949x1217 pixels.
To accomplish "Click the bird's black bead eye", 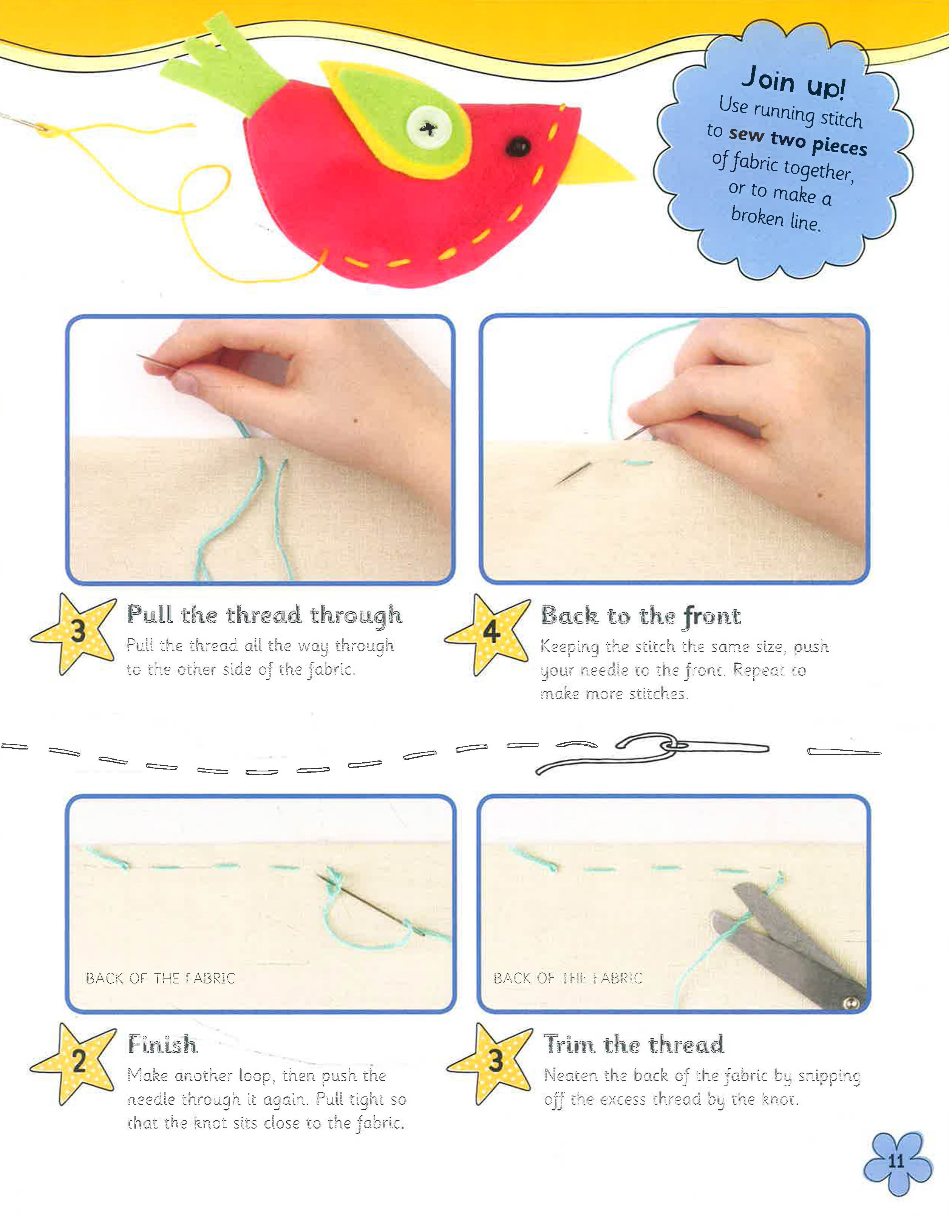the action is [x=518, y=147].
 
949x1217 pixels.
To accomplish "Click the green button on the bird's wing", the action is [x=428, y=128].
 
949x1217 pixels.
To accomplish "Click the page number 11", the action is [x=896, y=1161].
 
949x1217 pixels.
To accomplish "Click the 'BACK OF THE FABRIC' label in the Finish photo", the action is [x=161, y=978].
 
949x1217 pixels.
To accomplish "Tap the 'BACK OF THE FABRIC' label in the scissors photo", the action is [x=568, y=978].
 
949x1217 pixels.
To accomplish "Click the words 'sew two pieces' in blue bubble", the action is [x=798, y=141].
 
